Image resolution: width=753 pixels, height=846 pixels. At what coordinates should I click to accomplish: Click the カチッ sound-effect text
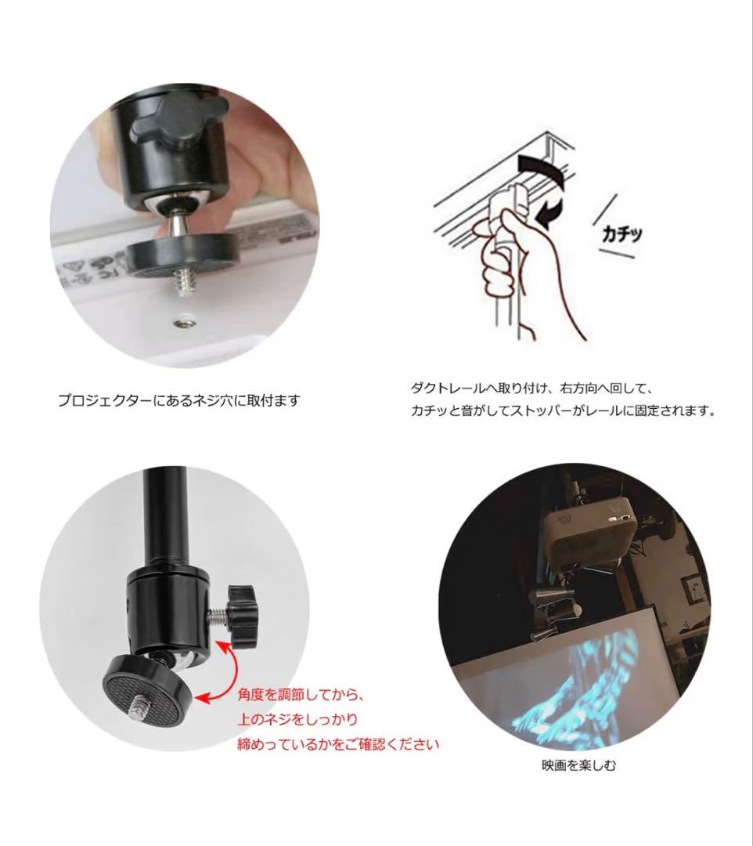click(622, 234)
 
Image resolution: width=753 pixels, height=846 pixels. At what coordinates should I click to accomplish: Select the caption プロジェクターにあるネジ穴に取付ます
click(178, 400)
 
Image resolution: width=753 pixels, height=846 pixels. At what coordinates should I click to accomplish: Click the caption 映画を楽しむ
click(578, 765)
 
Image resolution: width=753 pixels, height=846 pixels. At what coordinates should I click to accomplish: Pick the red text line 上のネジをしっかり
click(297, 719)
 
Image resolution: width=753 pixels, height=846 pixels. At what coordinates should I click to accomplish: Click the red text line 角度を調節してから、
click(301, 694)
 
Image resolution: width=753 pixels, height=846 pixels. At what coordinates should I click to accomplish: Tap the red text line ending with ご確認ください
click(338, 745)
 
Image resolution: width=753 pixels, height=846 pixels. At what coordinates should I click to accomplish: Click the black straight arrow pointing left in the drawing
click(549, 212)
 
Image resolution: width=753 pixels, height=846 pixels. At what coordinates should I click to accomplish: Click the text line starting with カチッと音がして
click(564, 410)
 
